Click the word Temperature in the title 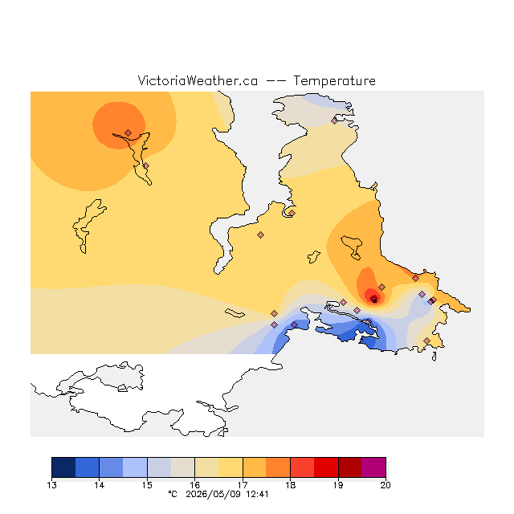pyautogui.click(x=334, y=80)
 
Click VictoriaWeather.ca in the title pyautogui.click(x=198, y=80)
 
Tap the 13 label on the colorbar pyautogui.click(x=51, y=485)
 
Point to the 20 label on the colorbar pyautogui.click(x=385, y=485)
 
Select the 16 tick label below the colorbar pyautogui.click(x=194, y=485)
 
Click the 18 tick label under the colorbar pyautogui.click(x=290, y=485)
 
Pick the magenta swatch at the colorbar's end pyautogui.click(x=373, y=467)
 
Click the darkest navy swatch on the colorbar pyautogui.click(x=63, y=467)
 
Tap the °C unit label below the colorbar pyautogui.click(x=173, y=494)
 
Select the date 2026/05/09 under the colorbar pyautogui.click(x=214, y=494)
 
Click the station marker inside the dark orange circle pyautogui.click(x=128, y=133)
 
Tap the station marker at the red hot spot pyautogui.click(x=374, y=298)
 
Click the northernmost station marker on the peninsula pyautogui.click(x=334, y=121)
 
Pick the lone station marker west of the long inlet pyautogui.click(x=260, y=235)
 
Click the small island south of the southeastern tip pyautogui.click(x=434, y=357)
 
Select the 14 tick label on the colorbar pyautogui.click(x=100, y=485)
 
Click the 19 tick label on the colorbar pyautogui.click(x=338, y=485)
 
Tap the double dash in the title pyautogui.click(x=275, y=81)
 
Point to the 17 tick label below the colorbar pyautogui.click(x=243, y=485)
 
